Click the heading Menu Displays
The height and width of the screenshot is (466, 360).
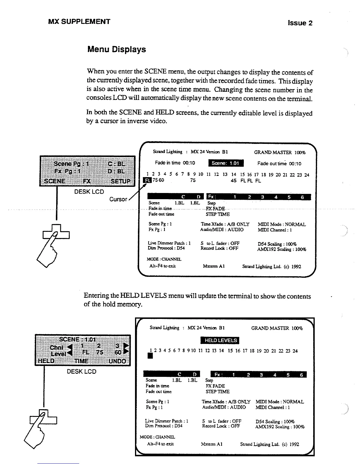(116, 49)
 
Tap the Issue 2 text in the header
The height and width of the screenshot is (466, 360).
(300, 23)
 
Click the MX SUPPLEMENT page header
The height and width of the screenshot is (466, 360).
(79, 21)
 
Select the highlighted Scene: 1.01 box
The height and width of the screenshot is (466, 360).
(226, 163)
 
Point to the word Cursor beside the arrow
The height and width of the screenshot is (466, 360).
(118, 199)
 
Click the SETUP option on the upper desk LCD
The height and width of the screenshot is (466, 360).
(120, 181)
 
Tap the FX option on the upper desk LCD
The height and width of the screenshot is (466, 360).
(87, 181)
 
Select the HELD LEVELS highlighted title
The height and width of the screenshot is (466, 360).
(220, 340)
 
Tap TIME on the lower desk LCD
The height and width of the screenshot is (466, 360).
(81, 361)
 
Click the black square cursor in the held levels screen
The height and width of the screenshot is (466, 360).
(150, 356)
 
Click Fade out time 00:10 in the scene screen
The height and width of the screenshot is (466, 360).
(279, 164)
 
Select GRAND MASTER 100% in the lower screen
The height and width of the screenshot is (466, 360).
(277, 328)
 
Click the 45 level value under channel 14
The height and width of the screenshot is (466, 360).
(233, 180)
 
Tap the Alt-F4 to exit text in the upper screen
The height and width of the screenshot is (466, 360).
(162, 266)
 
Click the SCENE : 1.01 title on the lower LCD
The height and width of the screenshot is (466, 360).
(77, 339)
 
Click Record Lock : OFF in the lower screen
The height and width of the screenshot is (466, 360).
(221, 426)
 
